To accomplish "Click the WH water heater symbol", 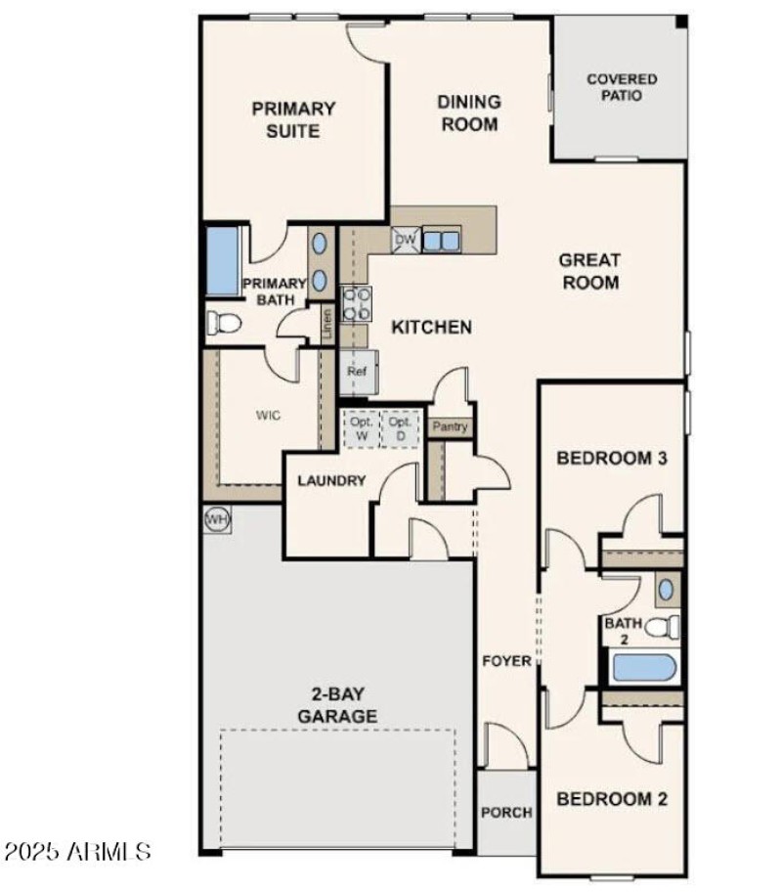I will pos(217,520).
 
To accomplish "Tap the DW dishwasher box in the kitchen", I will pos(405,239).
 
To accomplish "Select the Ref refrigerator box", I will pos(356,373).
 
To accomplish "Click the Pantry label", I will pos(451,427).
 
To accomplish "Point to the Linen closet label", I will pos(327,323).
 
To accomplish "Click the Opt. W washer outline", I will pos(362,428).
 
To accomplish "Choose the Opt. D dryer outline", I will pos(399,428).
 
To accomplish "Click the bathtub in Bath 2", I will pos(642,670).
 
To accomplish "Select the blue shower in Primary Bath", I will pos(223,259).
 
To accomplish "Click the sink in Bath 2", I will pos(666,590).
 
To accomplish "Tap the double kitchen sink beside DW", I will pos(441,239).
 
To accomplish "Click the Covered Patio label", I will pos(621,87).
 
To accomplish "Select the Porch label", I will pos(506,812).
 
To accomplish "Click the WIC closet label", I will pos(269,416).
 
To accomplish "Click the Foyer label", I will pos(507,661).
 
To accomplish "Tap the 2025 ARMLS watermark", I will pos(76,850).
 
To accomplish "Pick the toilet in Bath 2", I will pos(667,627).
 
